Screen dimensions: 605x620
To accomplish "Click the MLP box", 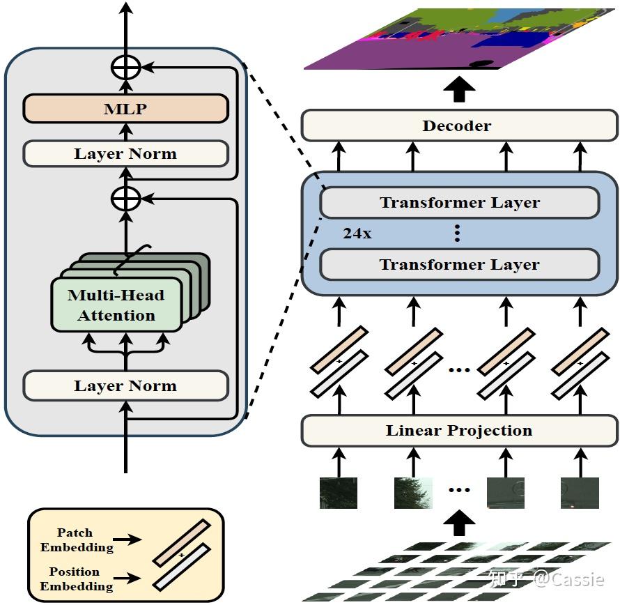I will pyautogui.click(x=125, y=109).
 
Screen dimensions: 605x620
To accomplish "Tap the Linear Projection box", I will pyautogui.click(x=458, y=431).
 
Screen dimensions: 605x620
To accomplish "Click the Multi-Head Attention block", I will pyautogui.click(x=116, y=305).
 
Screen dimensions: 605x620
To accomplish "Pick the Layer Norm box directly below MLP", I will pyautogui.click(x=125, y=154).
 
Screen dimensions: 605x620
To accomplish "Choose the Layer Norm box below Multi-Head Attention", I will pyautogui.click(x=125, y=385).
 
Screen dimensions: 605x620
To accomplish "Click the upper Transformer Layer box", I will pyautogui.click(x=459, y=203).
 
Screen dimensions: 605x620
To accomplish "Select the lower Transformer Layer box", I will pyautogui.click(x=459, y=265).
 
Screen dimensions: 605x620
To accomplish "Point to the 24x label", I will pyautogui.click(x=357, y=234).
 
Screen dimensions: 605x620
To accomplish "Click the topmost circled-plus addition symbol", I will pyautogui.click(x=126, y=68).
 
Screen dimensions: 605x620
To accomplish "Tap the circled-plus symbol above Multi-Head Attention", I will pyautogui.click(x=126, y=199).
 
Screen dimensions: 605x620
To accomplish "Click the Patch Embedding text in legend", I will pyautogui.click(x=75, y=540).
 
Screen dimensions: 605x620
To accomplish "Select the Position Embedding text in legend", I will pyautogui.click(x=75, y=579).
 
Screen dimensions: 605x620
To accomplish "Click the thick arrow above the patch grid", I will pyautogui.click(x=459, y=519).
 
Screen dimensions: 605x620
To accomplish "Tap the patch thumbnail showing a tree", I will pyautogui.click(x=412, y=492).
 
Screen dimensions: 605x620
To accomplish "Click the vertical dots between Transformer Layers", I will pyautogui.click(x=457, y=233).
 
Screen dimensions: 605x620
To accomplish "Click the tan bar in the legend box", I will pyautogui.click(x=182, y=542).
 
